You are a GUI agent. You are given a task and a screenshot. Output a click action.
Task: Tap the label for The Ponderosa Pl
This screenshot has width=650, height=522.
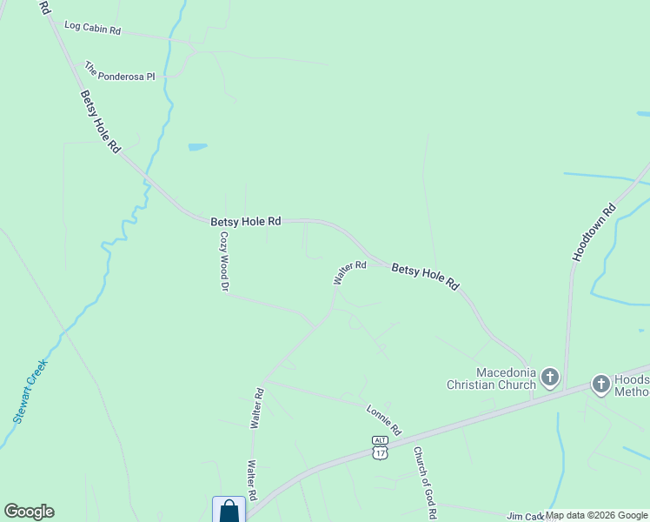coord(119,70)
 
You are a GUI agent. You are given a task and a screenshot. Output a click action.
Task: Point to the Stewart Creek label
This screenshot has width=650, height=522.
coord(30,391)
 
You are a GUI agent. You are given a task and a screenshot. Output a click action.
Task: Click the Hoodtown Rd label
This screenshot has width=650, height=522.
coord(594,233)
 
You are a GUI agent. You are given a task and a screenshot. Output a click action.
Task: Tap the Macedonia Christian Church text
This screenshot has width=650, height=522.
coord(491,378)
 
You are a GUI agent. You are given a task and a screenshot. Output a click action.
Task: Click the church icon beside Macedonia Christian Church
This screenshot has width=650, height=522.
coord(549,378)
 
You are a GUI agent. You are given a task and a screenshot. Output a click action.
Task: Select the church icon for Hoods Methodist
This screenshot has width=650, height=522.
coord(600,384)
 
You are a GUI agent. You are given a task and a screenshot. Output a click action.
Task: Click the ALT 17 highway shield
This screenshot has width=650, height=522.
coord(380,448)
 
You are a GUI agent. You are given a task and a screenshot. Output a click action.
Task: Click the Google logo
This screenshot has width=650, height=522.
coord(29,512)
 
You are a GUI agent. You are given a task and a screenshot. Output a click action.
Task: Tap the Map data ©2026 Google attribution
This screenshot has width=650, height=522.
coord(596,515)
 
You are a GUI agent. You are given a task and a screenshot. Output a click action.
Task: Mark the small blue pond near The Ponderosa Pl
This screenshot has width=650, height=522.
coord(197,147)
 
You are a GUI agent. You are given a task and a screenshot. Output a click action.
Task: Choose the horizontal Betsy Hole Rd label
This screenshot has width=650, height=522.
coord(246,222)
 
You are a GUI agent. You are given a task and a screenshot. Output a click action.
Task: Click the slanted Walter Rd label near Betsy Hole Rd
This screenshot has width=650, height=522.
coord(349,272)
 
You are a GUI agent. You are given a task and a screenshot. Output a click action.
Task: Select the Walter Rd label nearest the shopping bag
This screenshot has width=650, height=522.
coord(252,479)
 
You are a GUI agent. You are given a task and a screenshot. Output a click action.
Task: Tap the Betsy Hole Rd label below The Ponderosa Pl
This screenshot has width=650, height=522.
coord(100,122)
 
